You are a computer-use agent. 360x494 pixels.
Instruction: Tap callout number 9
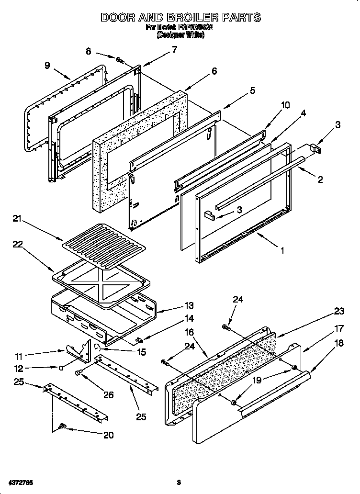(47, 66)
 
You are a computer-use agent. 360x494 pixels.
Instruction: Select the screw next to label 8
(120, 60)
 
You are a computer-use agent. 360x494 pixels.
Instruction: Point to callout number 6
(214, 71)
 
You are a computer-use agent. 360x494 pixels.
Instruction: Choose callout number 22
(18, 244)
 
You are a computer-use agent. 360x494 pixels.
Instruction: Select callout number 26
(109, 395)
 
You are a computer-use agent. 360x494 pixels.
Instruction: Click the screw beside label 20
(62, 426)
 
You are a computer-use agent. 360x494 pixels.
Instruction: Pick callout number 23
(339, 311)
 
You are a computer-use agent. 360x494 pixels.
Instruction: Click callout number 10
(285, 105)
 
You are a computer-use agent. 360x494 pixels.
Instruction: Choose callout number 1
(282, 250)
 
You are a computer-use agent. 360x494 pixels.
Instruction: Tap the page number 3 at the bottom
(178, 481)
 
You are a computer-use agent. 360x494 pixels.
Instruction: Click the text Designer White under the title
(180, 35)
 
